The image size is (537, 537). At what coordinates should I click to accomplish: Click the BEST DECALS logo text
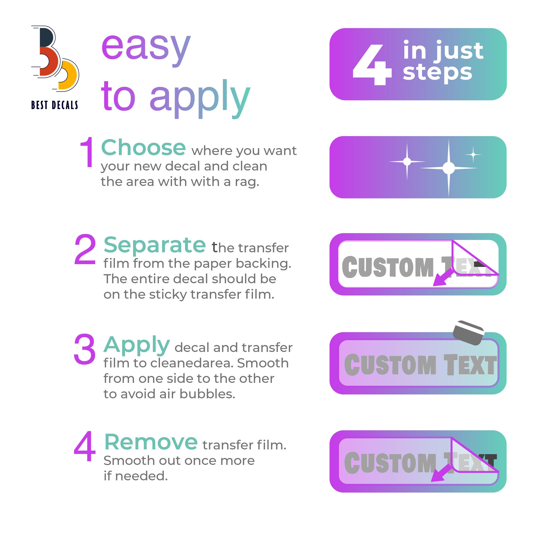click(x=55, y=105)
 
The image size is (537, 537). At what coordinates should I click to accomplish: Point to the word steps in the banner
click(x=438, y=73)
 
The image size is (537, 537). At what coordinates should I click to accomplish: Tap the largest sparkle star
click(x=449, y=168)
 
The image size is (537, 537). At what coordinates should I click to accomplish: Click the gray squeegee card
click(x=468, y=333)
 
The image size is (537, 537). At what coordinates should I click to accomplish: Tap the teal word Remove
click(x=151, y=442)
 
